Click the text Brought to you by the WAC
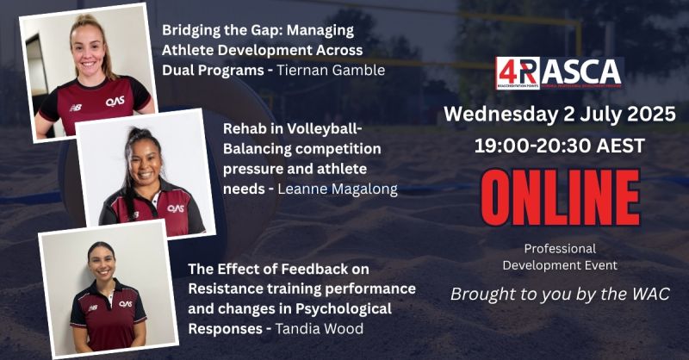(x=560, y=295)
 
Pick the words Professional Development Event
(x=560, y=257)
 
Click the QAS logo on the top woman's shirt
(x=115, y=101)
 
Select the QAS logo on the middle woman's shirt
(x=176, y=208)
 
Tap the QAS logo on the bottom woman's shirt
(x=126, y=303)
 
